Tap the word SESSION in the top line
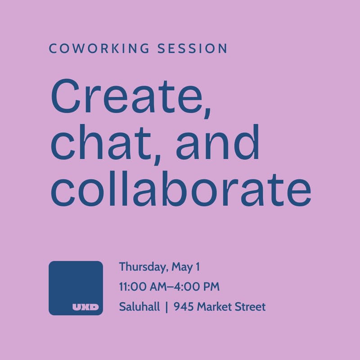tap(193, 49)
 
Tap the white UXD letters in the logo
tap(85, 308)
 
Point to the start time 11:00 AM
tap(144, 287)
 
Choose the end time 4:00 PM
tap(198, 287)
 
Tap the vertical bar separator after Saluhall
tap(166, 307)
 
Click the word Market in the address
tap(214, 307)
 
